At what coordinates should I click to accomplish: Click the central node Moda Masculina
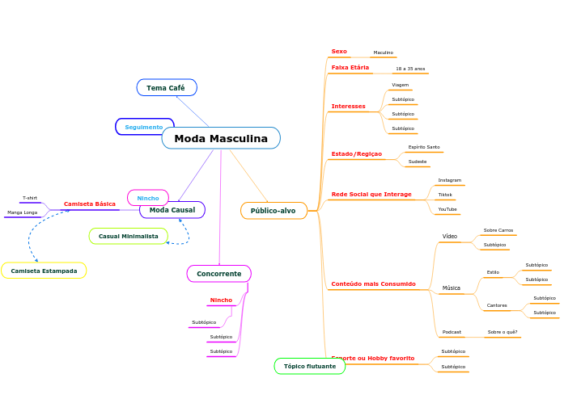pos(221,139)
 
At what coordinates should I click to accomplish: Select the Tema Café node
pos(166,87)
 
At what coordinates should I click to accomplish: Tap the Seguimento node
pos(144,127)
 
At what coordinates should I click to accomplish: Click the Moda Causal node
pos(172,210)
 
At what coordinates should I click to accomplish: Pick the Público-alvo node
pos(274,211)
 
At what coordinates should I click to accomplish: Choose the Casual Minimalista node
pos(128,236)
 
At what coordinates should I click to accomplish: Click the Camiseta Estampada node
pos(44,271)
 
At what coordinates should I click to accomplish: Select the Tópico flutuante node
pos(310,366)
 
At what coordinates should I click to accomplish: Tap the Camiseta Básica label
pos(90,204)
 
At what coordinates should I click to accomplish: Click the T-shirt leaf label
pos(30,198)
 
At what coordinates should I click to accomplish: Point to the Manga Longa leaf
pos(23,212)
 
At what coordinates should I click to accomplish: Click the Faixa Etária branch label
pos(350,68)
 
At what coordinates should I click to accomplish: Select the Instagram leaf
pos(449,180)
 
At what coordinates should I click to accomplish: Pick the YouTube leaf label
pos(447,209)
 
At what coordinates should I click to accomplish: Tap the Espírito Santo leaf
pos(424,147)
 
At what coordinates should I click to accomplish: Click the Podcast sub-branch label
pos(452,332)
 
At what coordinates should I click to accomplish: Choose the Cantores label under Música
pos(497,305)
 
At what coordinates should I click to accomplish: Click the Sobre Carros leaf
pos(498,230)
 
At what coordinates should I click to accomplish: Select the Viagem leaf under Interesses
pos(400,85)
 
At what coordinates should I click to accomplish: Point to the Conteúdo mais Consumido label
pos(373,284)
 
